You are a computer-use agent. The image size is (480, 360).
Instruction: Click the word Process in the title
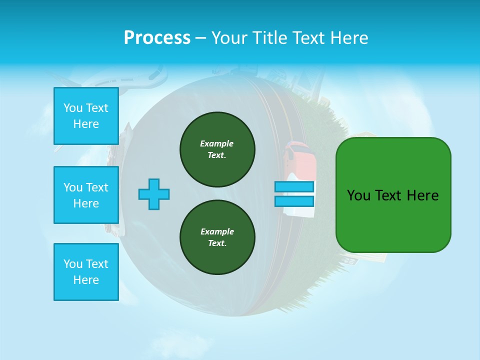coord(157,38)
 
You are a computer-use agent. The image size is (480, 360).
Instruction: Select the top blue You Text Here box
coord(86,116)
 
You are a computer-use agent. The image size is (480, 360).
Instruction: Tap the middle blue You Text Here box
coord(86,195)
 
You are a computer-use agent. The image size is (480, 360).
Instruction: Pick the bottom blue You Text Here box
coord(86,272)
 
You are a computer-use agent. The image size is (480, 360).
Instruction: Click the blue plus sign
coord(154,194)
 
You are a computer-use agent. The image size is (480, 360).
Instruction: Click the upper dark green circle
coord(217,149)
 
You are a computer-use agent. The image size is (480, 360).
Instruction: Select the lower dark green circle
coord(217,237)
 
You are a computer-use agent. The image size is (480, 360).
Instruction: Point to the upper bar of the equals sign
coord(294,187)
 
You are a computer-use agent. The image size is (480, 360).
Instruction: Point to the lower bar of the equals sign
coord(294,201)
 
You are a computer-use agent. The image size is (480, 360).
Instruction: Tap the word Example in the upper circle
coord(217,143)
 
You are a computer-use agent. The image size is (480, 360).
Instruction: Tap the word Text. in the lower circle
coord(217,243)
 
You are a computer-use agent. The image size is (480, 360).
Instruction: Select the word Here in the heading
coord(349,38)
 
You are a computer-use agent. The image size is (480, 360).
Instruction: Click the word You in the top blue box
coord(73,108)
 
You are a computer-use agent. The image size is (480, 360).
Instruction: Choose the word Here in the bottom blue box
coord(86,280)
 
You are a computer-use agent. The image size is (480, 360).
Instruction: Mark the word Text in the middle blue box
coord(96,187)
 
